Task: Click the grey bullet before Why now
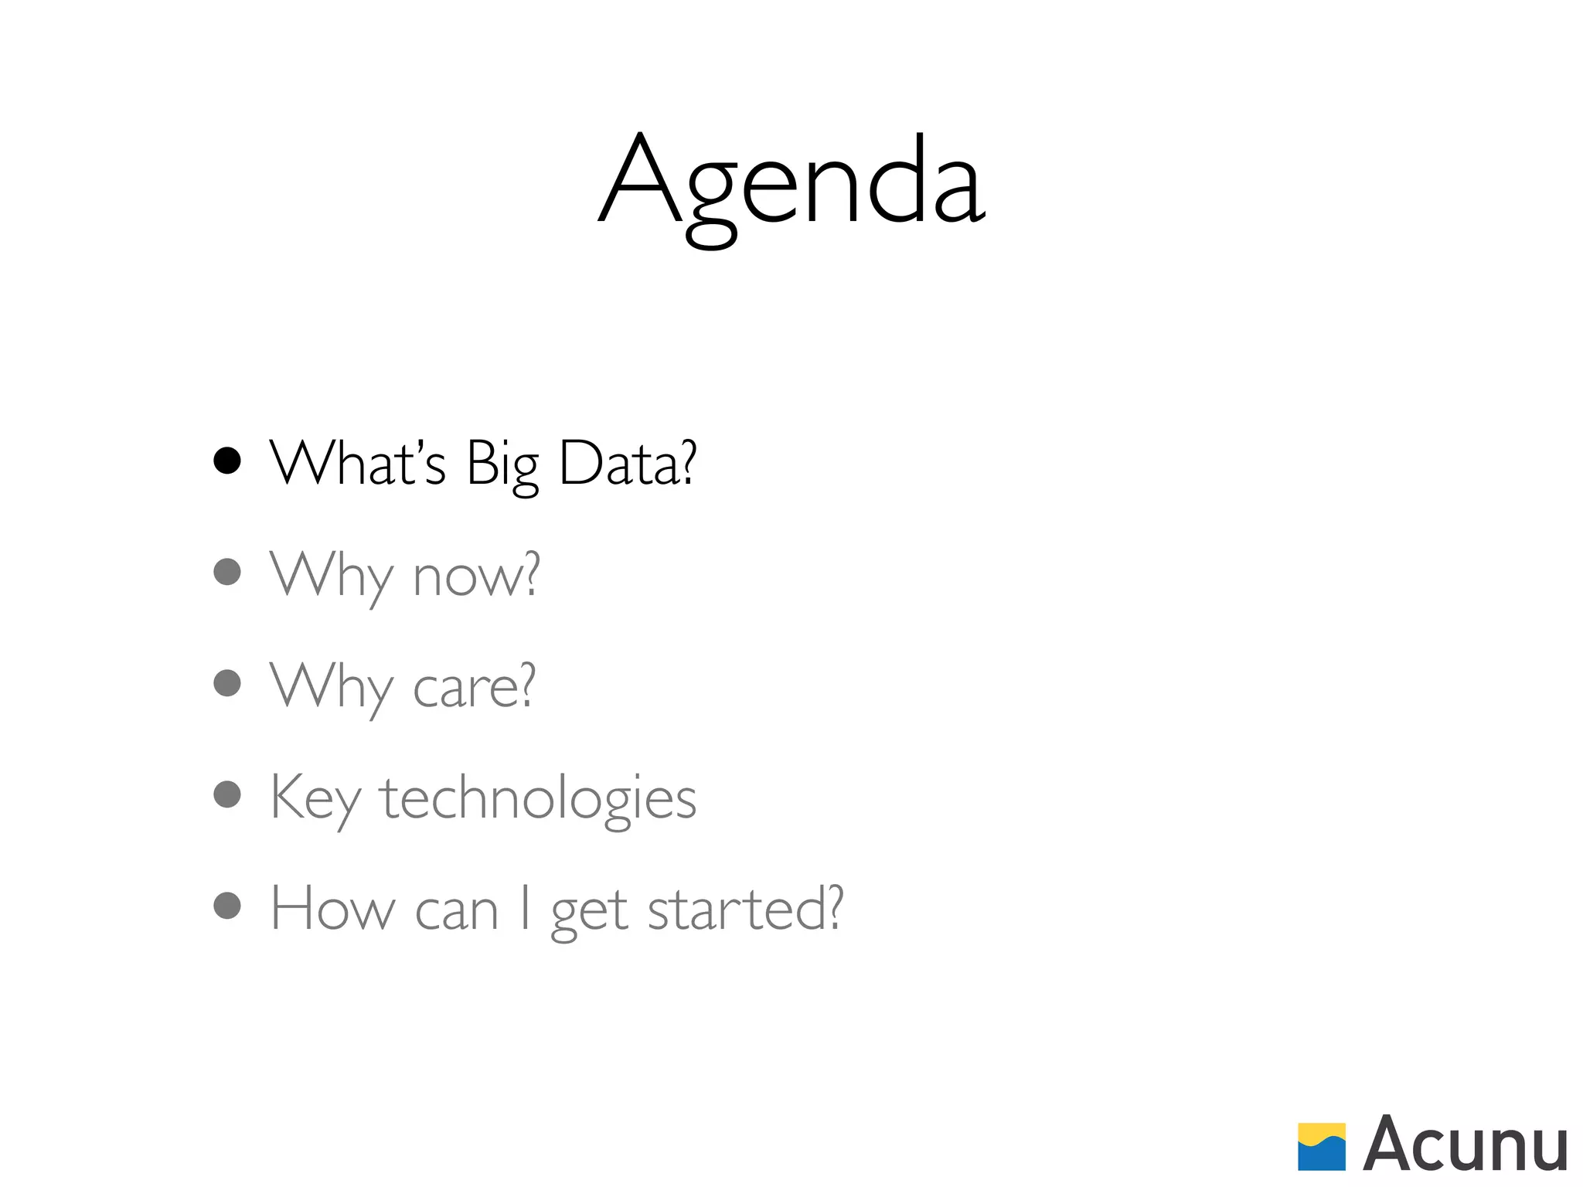click(x=227, y=572)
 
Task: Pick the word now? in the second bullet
click(x=476, y=576)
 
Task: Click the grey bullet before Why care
click(x=227, y=683)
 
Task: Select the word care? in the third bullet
click(x=474, y=687)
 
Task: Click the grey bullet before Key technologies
click(x=227, y=794)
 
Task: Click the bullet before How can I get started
click(x=227, y=906)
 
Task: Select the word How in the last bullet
click(x=332, y=909)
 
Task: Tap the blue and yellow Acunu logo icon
click(x=1321, y=1147)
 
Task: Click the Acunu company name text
click(x=1465, y=1145)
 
